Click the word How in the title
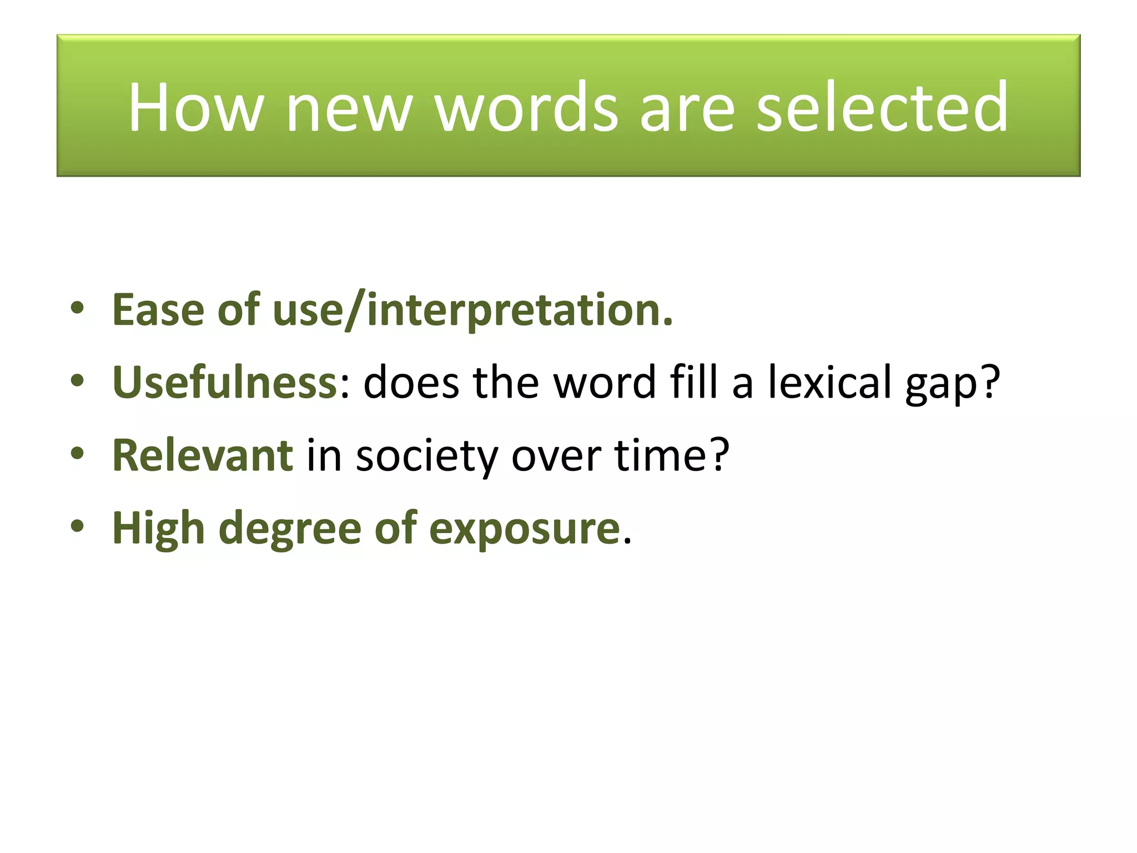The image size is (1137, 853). tap(195, 107)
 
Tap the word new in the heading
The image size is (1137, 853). tap(349, 107)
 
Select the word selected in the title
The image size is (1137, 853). tap(882, 107)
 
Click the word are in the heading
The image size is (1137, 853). tap(687, 107)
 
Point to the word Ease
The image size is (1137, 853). tap(158, 309)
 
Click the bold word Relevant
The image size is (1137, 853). tap(203, 455)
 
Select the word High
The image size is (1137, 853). tap(159, 529)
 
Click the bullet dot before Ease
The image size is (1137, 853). tap(77, 308)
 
